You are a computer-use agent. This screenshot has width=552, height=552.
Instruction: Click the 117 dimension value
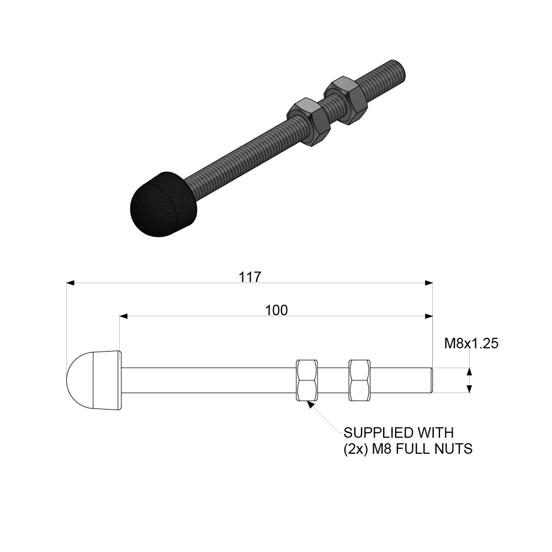click(250, 277)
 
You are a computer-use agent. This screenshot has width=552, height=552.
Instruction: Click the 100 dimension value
click(276, 310)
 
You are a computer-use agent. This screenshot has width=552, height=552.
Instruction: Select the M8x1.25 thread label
click(471, 344)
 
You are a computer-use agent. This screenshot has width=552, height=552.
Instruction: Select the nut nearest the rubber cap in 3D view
click(309, 121)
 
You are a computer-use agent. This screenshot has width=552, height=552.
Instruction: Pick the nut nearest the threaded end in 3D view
click(346, 100)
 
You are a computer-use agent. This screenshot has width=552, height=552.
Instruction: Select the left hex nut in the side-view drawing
click(307, 380)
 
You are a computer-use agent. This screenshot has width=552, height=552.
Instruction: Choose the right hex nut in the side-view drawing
click(359, 380)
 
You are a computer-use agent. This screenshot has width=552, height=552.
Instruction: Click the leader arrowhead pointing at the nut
click(311, 405)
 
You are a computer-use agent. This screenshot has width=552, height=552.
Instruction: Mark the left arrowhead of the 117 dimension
click(70, 283)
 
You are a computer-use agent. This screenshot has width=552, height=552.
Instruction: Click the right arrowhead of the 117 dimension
click(428, 283)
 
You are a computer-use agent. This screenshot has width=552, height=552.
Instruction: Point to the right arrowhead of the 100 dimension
click(428, 316)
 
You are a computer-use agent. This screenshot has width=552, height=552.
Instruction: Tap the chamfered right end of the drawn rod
click(431, 380)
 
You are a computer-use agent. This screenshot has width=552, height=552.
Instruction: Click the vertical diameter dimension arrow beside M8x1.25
click(469, 380)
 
